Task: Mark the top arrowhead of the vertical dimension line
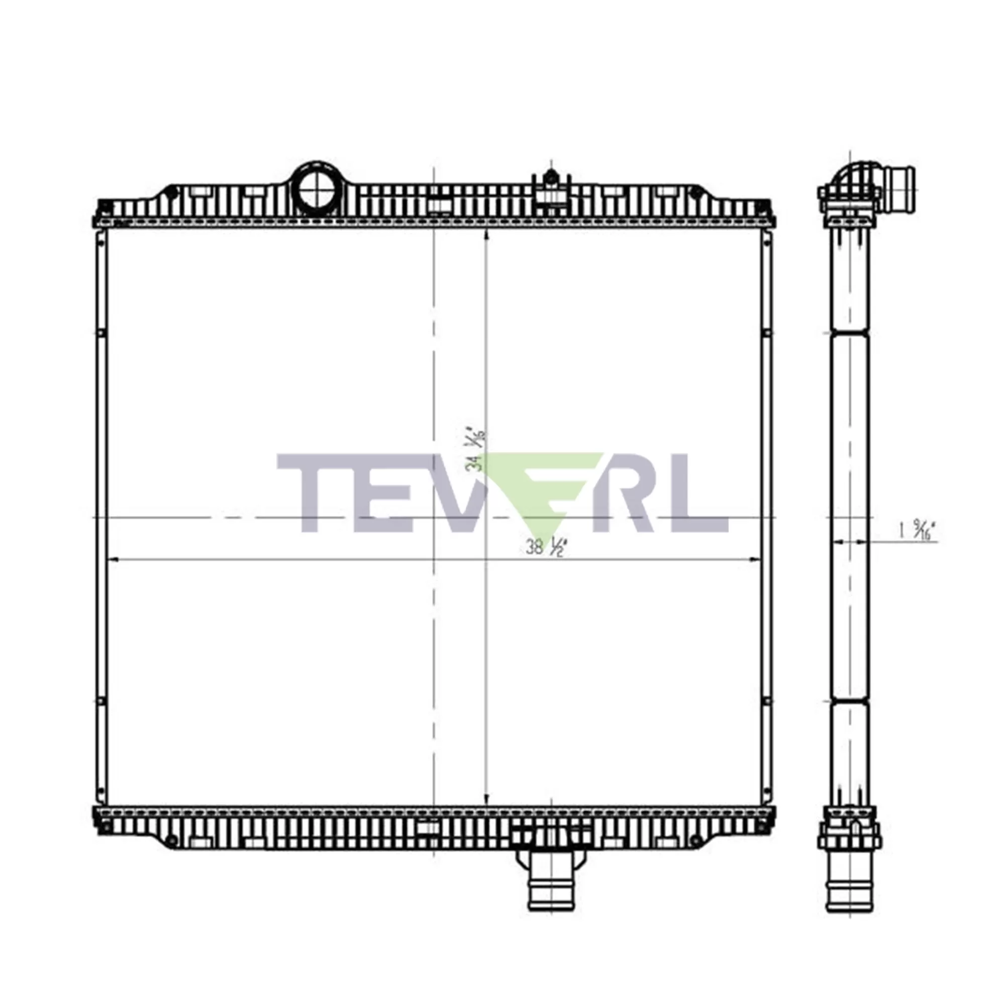tap(486, 235)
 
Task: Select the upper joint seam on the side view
tap(849, 331)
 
